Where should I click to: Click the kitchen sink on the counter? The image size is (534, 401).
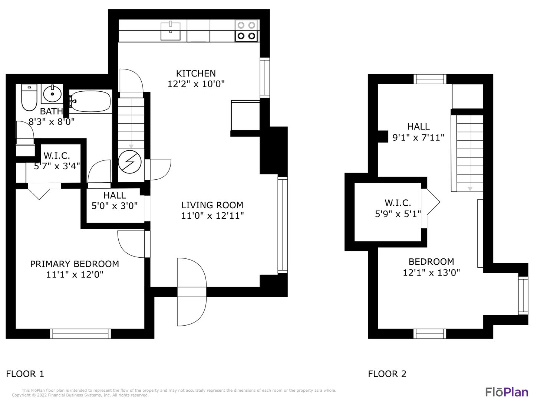point(170,31)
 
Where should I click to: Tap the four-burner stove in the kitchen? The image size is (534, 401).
point(246,31)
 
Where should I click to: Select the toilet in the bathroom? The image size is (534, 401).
point(29,97)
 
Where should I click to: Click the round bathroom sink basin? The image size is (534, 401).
point(52,94)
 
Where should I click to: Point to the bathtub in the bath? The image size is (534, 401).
point(90,101)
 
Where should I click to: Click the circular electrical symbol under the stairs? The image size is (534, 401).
point(130,162)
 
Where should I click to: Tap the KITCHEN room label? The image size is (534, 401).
point(196,73)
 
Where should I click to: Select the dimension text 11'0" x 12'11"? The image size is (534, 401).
point(212,215)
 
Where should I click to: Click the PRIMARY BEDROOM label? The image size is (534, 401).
point(75,264)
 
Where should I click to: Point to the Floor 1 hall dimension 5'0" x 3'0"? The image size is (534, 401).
point(114,206)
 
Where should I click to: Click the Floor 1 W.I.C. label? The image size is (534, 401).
point(57,155)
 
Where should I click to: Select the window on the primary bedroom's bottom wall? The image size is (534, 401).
point(80,333)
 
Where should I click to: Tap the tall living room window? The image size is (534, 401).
point(283,225)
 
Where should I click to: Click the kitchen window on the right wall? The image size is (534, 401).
point(265,78)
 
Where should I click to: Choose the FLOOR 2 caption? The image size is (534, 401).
point(387,374)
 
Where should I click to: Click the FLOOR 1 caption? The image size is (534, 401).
point(25,374)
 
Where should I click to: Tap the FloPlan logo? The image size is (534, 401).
point(507,392)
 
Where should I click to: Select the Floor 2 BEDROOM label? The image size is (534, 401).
point(431,261)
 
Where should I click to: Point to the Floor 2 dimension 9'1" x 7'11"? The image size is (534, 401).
point(418,137)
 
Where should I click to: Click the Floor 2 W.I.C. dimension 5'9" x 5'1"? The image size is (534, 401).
point(398,214)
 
